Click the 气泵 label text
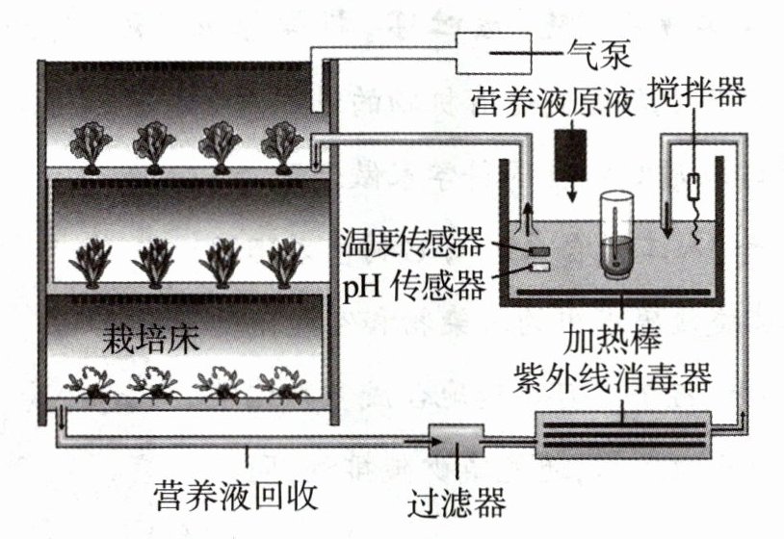[598, 54]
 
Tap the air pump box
[492, 53]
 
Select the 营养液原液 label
[552, 103]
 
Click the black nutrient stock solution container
[569, 155]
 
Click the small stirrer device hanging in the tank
[694, 186]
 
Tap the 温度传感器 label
[412, 242]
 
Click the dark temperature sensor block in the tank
[540, 251]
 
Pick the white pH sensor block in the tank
[540, 268]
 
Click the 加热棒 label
[612, 339]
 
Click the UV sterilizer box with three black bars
[623, 435]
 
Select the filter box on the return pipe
[457, 441]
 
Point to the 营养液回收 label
[237, 496]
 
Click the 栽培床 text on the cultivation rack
[150, 340]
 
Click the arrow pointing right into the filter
[422, 442]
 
